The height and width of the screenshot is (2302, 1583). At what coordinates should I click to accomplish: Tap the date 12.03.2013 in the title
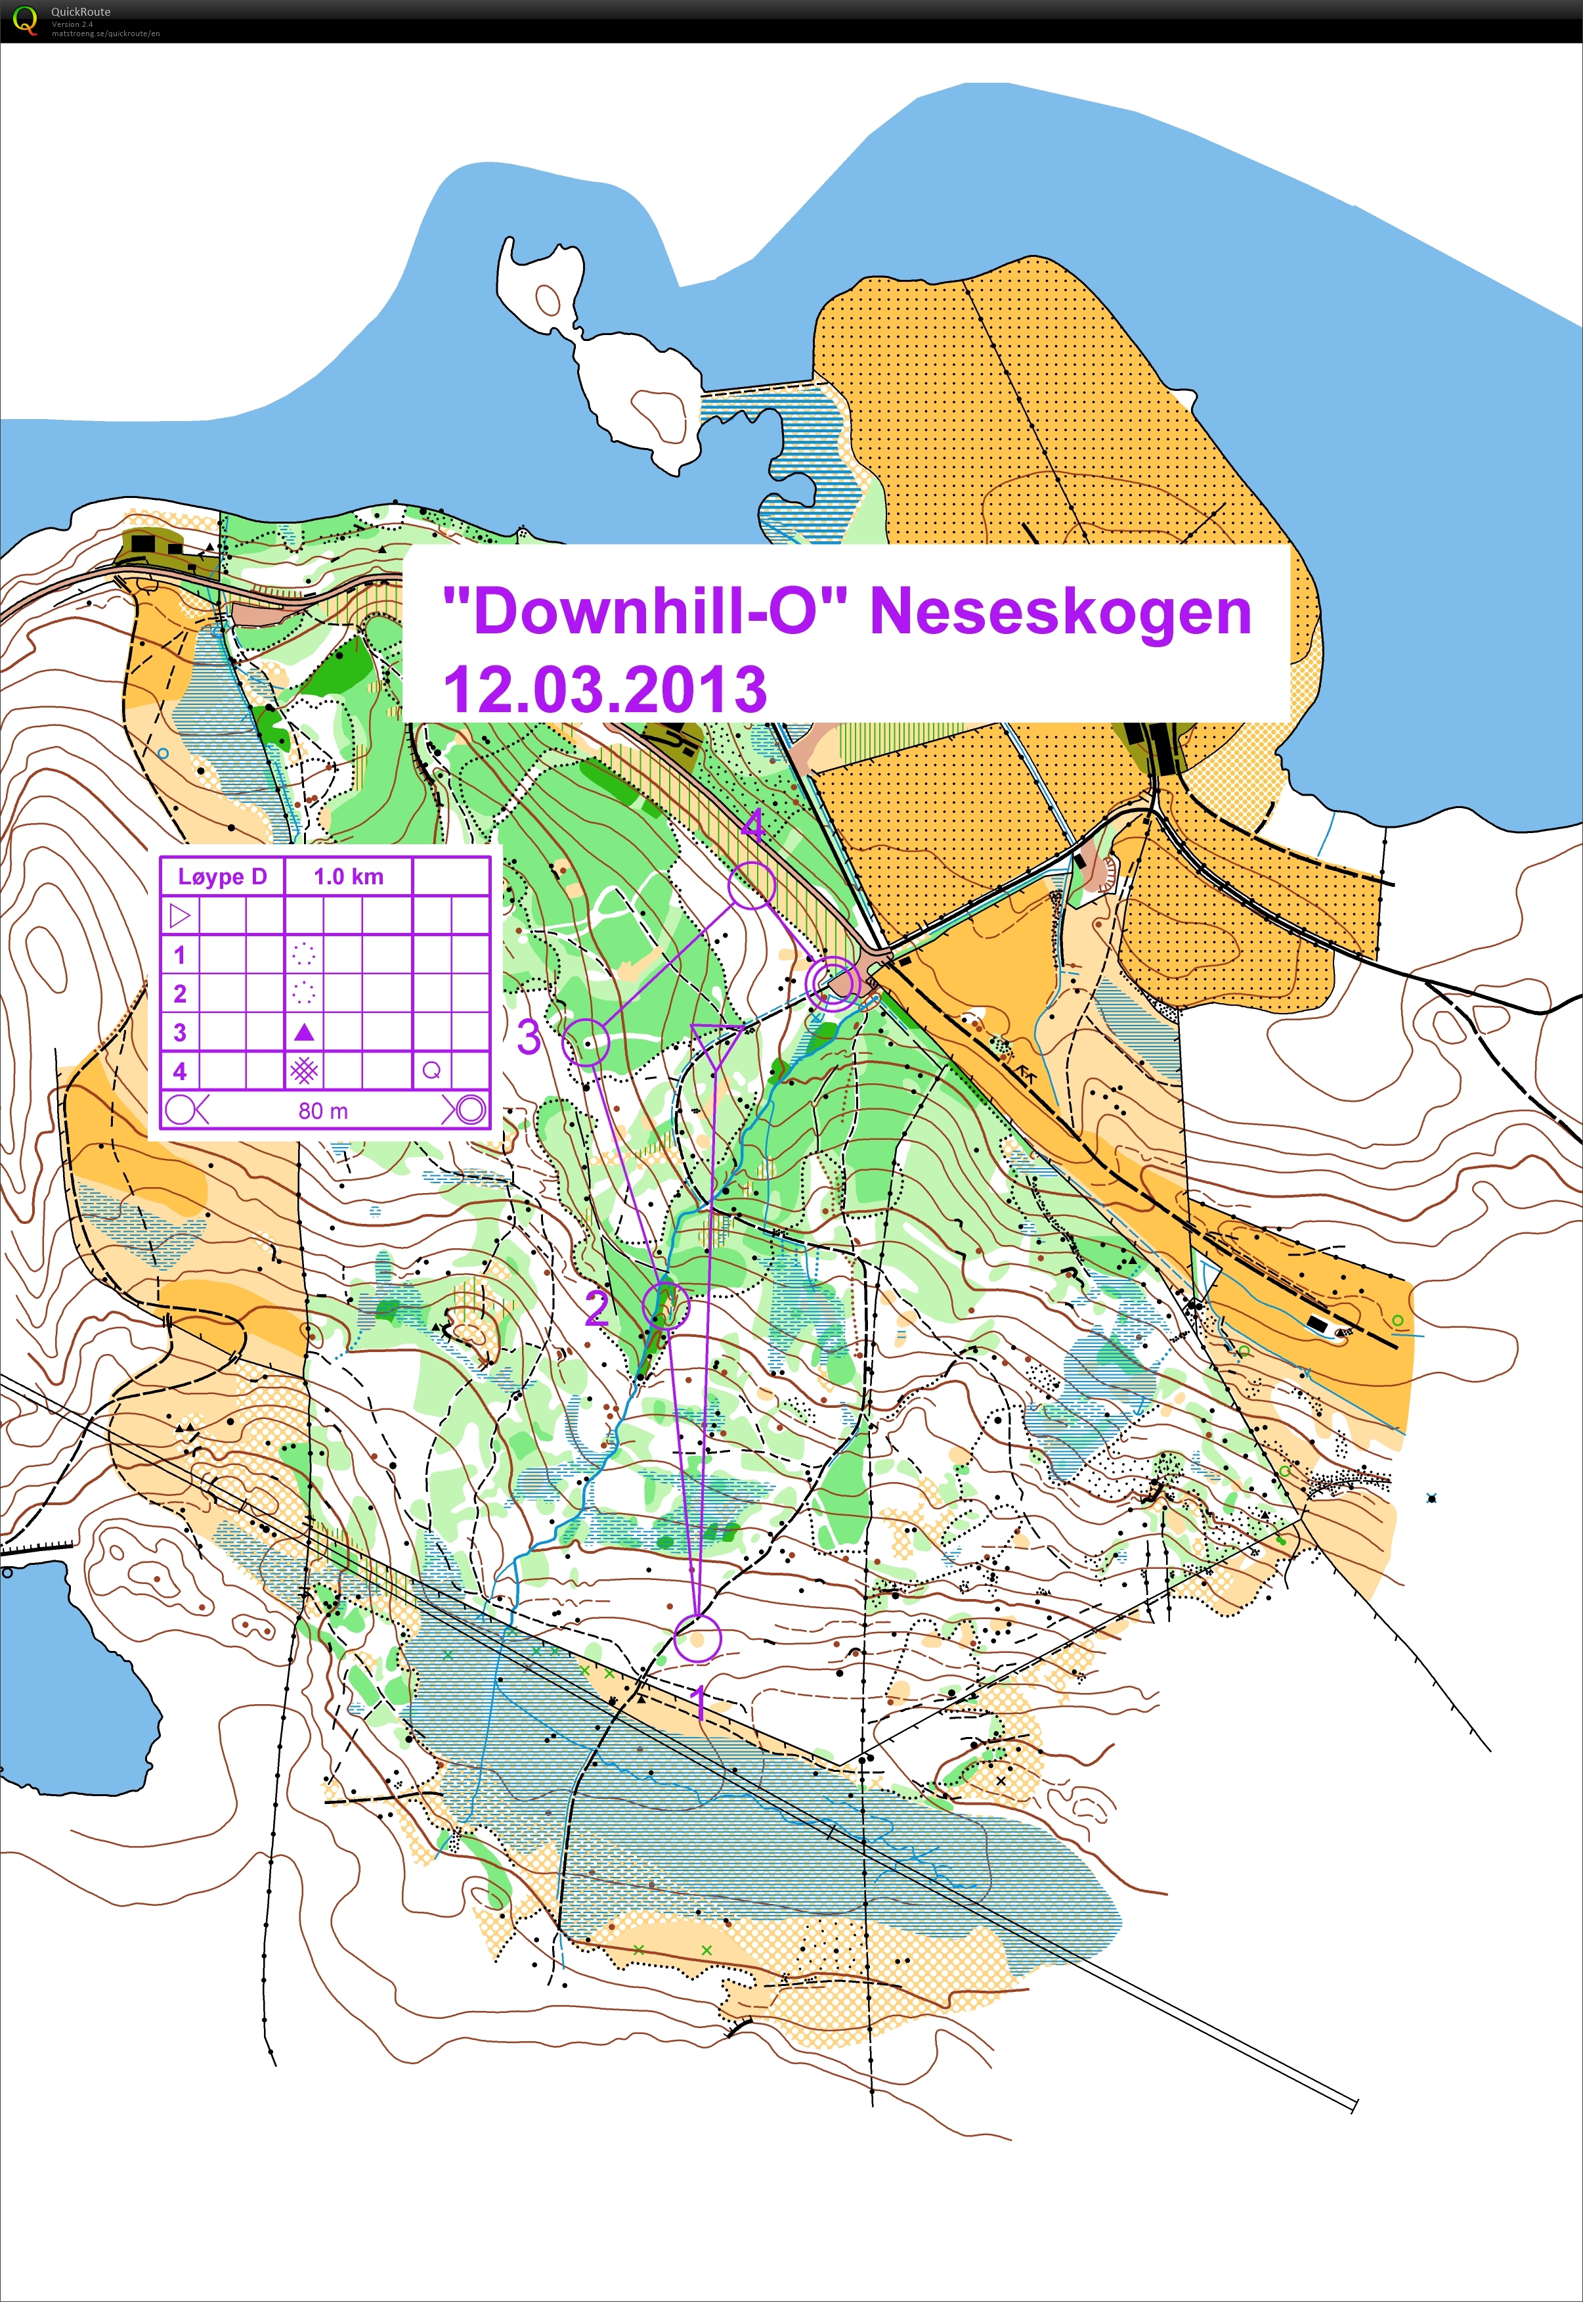pos(604,690)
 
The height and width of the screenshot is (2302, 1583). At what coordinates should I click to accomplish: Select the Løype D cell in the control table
pos(222,876)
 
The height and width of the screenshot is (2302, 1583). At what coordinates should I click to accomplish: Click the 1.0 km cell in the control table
pos(348,876)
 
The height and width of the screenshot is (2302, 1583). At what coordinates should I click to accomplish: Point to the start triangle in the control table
pos(179,915)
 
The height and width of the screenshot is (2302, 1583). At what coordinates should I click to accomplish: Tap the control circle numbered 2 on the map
pos(666,1305)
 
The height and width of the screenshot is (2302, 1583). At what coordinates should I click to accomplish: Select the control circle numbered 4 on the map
pos(751,885)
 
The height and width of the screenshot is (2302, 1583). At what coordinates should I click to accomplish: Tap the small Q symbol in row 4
pos(431,1071)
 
